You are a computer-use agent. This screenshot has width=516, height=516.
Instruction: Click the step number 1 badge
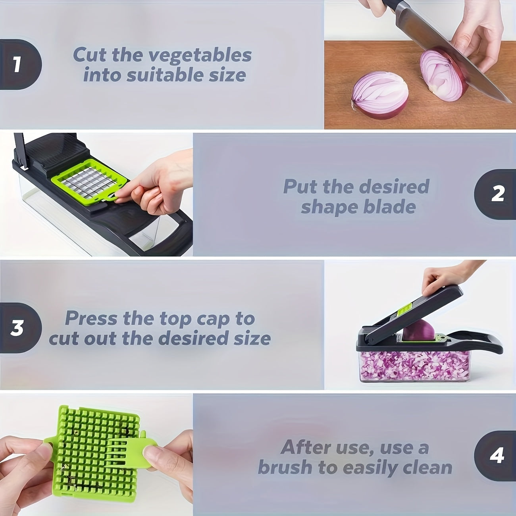(18, 65)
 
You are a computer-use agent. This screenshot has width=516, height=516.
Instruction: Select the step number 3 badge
(18, 328)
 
